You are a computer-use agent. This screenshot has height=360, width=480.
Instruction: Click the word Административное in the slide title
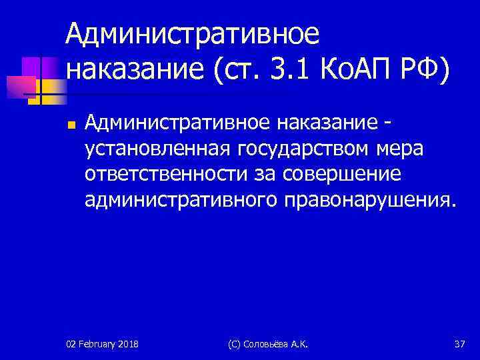pos(193,32)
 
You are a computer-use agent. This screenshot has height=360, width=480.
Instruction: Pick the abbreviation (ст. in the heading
pos(230,68)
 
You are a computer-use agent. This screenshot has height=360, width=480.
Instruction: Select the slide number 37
pos(459,344)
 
